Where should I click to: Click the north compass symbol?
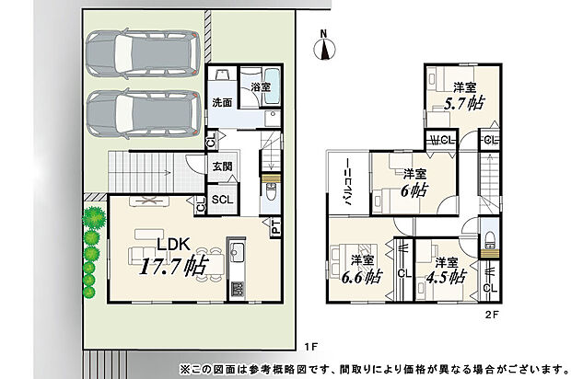tap(323, 47)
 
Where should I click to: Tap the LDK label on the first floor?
tap(172, 245)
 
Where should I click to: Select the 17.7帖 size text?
tap(172, 267)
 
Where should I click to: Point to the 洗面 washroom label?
tap(222, 102)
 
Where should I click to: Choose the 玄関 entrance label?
tap(222, 167)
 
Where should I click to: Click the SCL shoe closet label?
tap(222, 200)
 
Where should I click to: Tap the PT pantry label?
tap(275, 226)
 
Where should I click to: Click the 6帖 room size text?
tap(414, 190)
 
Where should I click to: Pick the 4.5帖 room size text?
tap(447, 275)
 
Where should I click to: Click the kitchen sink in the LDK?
tap(237, 252)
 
